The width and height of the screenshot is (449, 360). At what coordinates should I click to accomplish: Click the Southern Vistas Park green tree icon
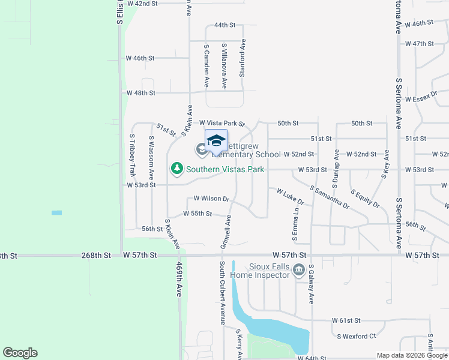176,169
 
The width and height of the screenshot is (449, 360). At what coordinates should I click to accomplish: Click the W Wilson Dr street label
211,199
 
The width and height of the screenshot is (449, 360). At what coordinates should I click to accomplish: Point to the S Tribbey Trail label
132,154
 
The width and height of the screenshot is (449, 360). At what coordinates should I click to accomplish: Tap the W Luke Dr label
290,197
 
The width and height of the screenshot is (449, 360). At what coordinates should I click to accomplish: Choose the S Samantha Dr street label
330,197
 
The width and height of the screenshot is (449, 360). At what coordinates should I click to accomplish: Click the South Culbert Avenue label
221,293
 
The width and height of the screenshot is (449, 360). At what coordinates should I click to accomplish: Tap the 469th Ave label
179,279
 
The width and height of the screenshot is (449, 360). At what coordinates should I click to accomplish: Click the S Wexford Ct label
356,336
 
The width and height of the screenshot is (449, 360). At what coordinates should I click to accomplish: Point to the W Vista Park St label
222,123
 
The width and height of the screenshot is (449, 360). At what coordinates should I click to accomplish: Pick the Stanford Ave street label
243,58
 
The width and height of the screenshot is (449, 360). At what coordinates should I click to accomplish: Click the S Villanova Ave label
224,66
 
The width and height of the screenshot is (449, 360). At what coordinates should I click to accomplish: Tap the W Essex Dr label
424,99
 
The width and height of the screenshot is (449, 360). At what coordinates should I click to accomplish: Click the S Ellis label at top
120,12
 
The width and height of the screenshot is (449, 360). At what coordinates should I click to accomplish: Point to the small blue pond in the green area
56,213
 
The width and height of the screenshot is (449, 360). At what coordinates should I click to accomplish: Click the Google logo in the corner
20,353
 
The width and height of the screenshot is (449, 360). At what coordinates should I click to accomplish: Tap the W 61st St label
346,321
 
